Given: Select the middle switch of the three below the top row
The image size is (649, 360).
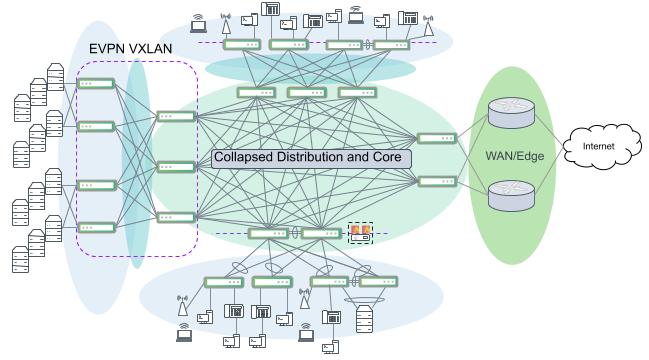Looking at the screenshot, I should (306, 93).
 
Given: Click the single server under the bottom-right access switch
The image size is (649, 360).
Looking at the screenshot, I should (364, 319).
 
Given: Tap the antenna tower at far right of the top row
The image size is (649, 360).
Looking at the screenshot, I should (429, 20).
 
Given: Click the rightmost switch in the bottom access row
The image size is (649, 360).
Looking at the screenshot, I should (378, 282).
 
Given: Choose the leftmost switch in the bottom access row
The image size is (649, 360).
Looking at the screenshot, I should (223, 282).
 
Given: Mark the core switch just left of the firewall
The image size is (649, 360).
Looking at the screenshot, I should (320, 234).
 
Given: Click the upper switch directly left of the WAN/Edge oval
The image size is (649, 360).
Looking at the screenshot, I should (435, 138).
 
